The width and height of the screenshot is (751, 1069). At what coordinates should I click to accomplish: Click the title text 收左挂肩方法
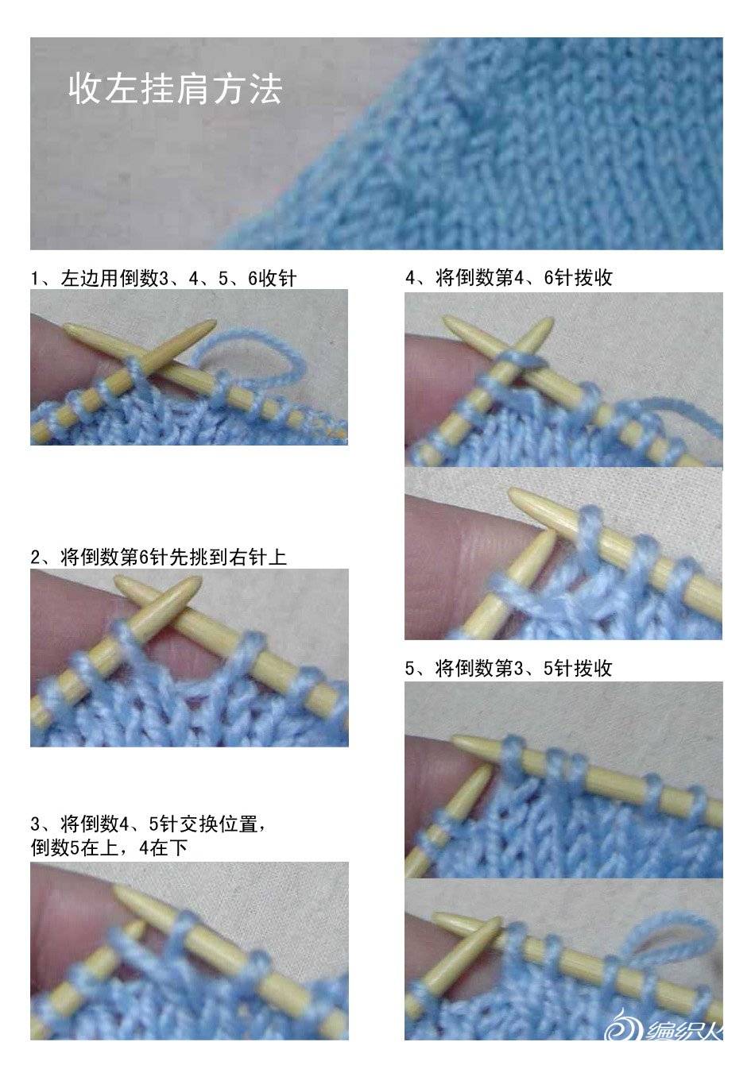(x=175, y=89)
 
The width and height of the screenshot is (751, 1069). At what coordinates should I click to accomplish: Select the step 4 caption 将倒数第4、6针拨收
(x=524, y=277)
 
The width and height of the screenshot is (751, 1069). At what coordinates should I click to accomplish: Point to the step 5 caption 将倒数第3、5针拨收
(x=524, y=668)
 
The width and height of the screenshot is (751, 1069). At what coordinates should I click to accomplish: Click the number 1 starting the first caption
(x=35, y=279)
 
